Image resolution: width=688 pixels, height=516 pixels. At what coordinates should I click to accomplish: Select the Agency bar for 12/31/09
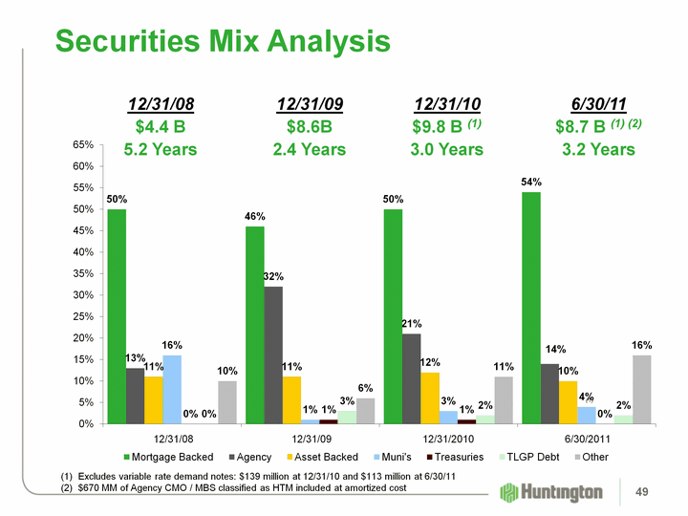pos(273,355)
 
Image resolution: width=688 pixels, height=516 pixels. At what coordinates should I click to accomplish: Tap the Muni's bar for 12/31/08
pos(172,389)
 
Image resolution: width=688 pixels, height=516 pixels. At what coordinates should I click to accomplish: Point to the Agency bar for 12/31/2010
pos(412,378)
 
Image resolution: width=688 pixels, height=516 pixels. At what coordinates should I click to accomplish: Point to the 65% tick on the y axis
pos(81,144)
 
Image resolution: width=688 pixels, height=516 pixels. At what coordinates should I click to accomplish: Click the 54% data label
pos(532,182)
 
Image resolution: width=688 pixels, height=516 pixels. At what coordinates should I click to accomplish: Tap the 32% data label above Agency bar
pos(274,276)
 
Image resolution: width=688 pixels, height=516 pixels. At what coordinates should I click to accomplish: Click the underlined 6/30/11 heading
pos(598,103)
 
